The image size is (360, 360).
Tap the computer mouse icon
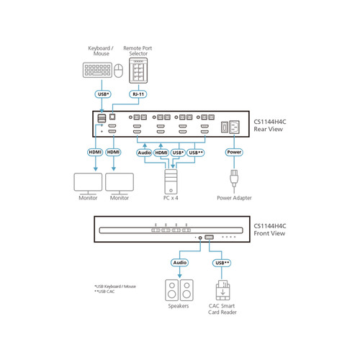(x=119, y=71)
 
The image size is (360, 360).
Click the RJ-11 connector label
(x=138, y=94)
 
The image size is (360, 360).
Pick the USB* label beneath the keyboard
(x=103, y=94)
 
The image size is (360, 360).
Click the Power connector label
(x=234, y=153)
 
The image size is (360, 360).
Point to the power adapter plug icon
(x=234, y=180)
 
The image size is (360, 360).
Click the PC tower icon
(x=170, y=176)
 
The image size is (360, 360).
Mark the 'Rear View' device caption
(x=269, y=130)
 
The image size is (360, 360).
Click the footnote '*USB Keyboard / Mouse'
(x=115, y=286)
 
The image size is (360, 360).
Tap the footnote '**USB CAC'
(x=105, y=292)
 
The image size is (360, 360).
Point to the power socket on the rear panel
(x=230, y=127)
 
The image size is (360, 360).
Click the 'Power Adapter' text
(x=234, y=198)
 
